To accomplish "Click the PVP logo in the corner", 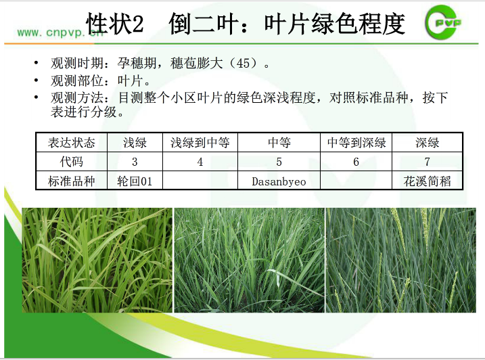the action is coord(443,22).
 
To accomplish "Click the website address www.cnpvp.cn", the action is coord(60,32).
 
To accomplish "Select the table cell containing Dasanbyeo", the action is coord(279,181).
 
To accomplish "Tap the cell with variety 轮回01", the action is coord(135,181).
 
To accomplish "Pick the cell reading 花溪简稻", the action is coord(427,181).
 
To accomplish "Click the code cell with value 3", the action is coord(135,162).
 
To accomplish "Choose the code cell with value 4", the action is coord(200,162).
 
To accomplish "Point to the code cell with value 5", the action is coord(279,162).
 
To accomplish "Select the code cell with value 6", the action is coord(356,162).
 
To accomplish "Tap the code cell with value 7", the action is coord(427,162).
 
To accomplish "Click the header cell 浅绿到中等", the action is coord(200,142).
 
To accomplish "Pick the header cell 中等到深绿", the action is coord(356,142).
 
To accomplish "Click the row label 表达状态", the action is coord(72,142).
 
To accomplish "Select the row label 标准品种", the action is coord(72,181).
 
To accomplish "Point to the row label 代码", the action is coord(72,162).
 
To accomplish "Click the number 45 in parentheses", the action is coord(243,64).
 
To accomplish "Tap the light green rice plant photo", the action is coord(97,260).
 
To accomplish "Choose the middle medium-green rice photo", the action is coord(250,260).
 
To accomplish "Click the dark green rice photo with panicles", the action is coord(401,260).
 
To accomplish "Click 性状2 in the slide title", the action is coord(115,23).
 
